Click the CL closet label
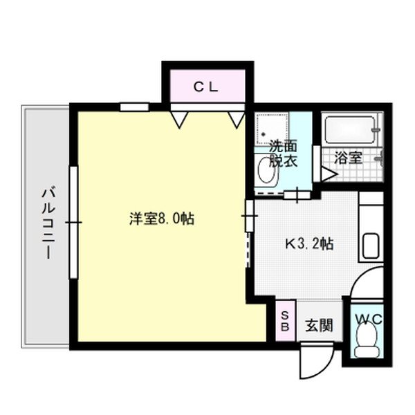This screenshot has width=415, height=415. (205, 88)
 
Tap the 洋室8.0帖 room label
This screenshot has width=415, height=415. (161, 219)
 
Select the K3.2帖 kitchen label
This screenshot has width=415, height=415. (311, 243)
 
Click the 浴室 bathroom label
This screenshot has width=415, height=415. (348, 157)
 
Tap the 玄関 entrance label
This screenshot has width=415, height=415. (319, 324)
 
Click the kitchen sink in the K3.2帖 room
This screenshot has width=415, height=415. (369, 246)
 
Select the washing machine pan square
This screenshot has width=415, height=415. (271, 127)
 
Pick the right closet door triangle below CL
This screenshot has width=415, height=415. (237, 119)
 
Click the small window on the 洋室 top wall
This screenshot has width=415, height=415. (134, 107)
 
